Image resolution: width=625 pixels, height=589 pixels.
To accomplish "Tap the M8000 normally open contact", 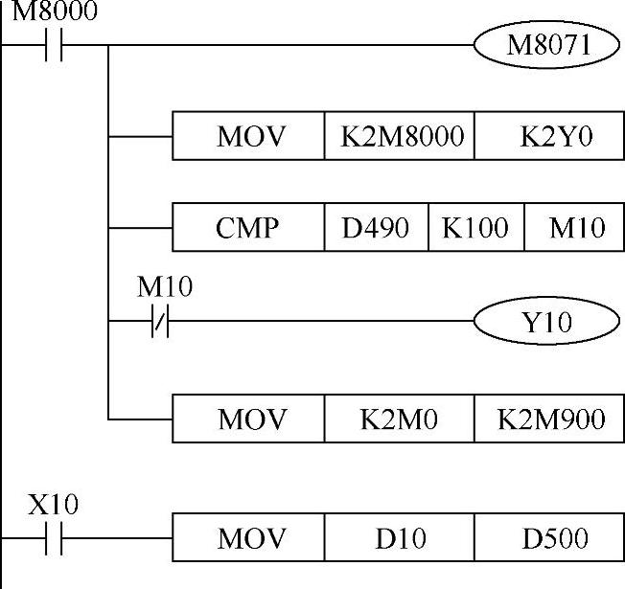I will point(54,45).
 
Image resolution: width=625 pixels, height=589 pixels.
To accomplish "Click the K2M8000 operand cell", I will point(401,136).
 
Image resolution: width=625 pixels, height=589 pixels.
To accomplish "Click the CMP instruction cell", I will point(248,228).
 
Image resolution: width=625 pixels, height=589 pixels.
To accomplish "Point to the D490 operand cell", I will point(376,228).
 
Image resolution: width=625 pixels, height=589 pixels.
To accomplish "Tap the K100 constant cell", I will point(476,228).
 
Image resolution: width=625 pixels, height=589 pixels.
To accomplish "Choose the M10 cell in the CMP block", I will point(575,228).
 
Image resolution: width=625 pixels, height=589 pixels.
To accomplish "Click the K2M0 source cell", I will point(401,419).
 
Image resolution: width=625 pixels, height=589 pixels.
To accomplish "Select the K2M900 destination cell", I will point(550,419).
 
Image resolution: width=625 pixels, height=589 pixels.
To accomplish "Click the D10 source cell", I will point(401,538).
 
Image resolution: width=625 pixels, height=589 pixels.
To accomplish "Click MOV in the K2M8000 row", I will point(249,136).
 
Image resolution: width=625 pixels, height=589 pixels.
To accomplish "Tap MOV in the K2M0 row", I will point(249,419).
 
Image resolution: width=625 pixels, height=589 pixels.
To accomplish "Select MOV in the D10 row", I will point(249,538).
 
